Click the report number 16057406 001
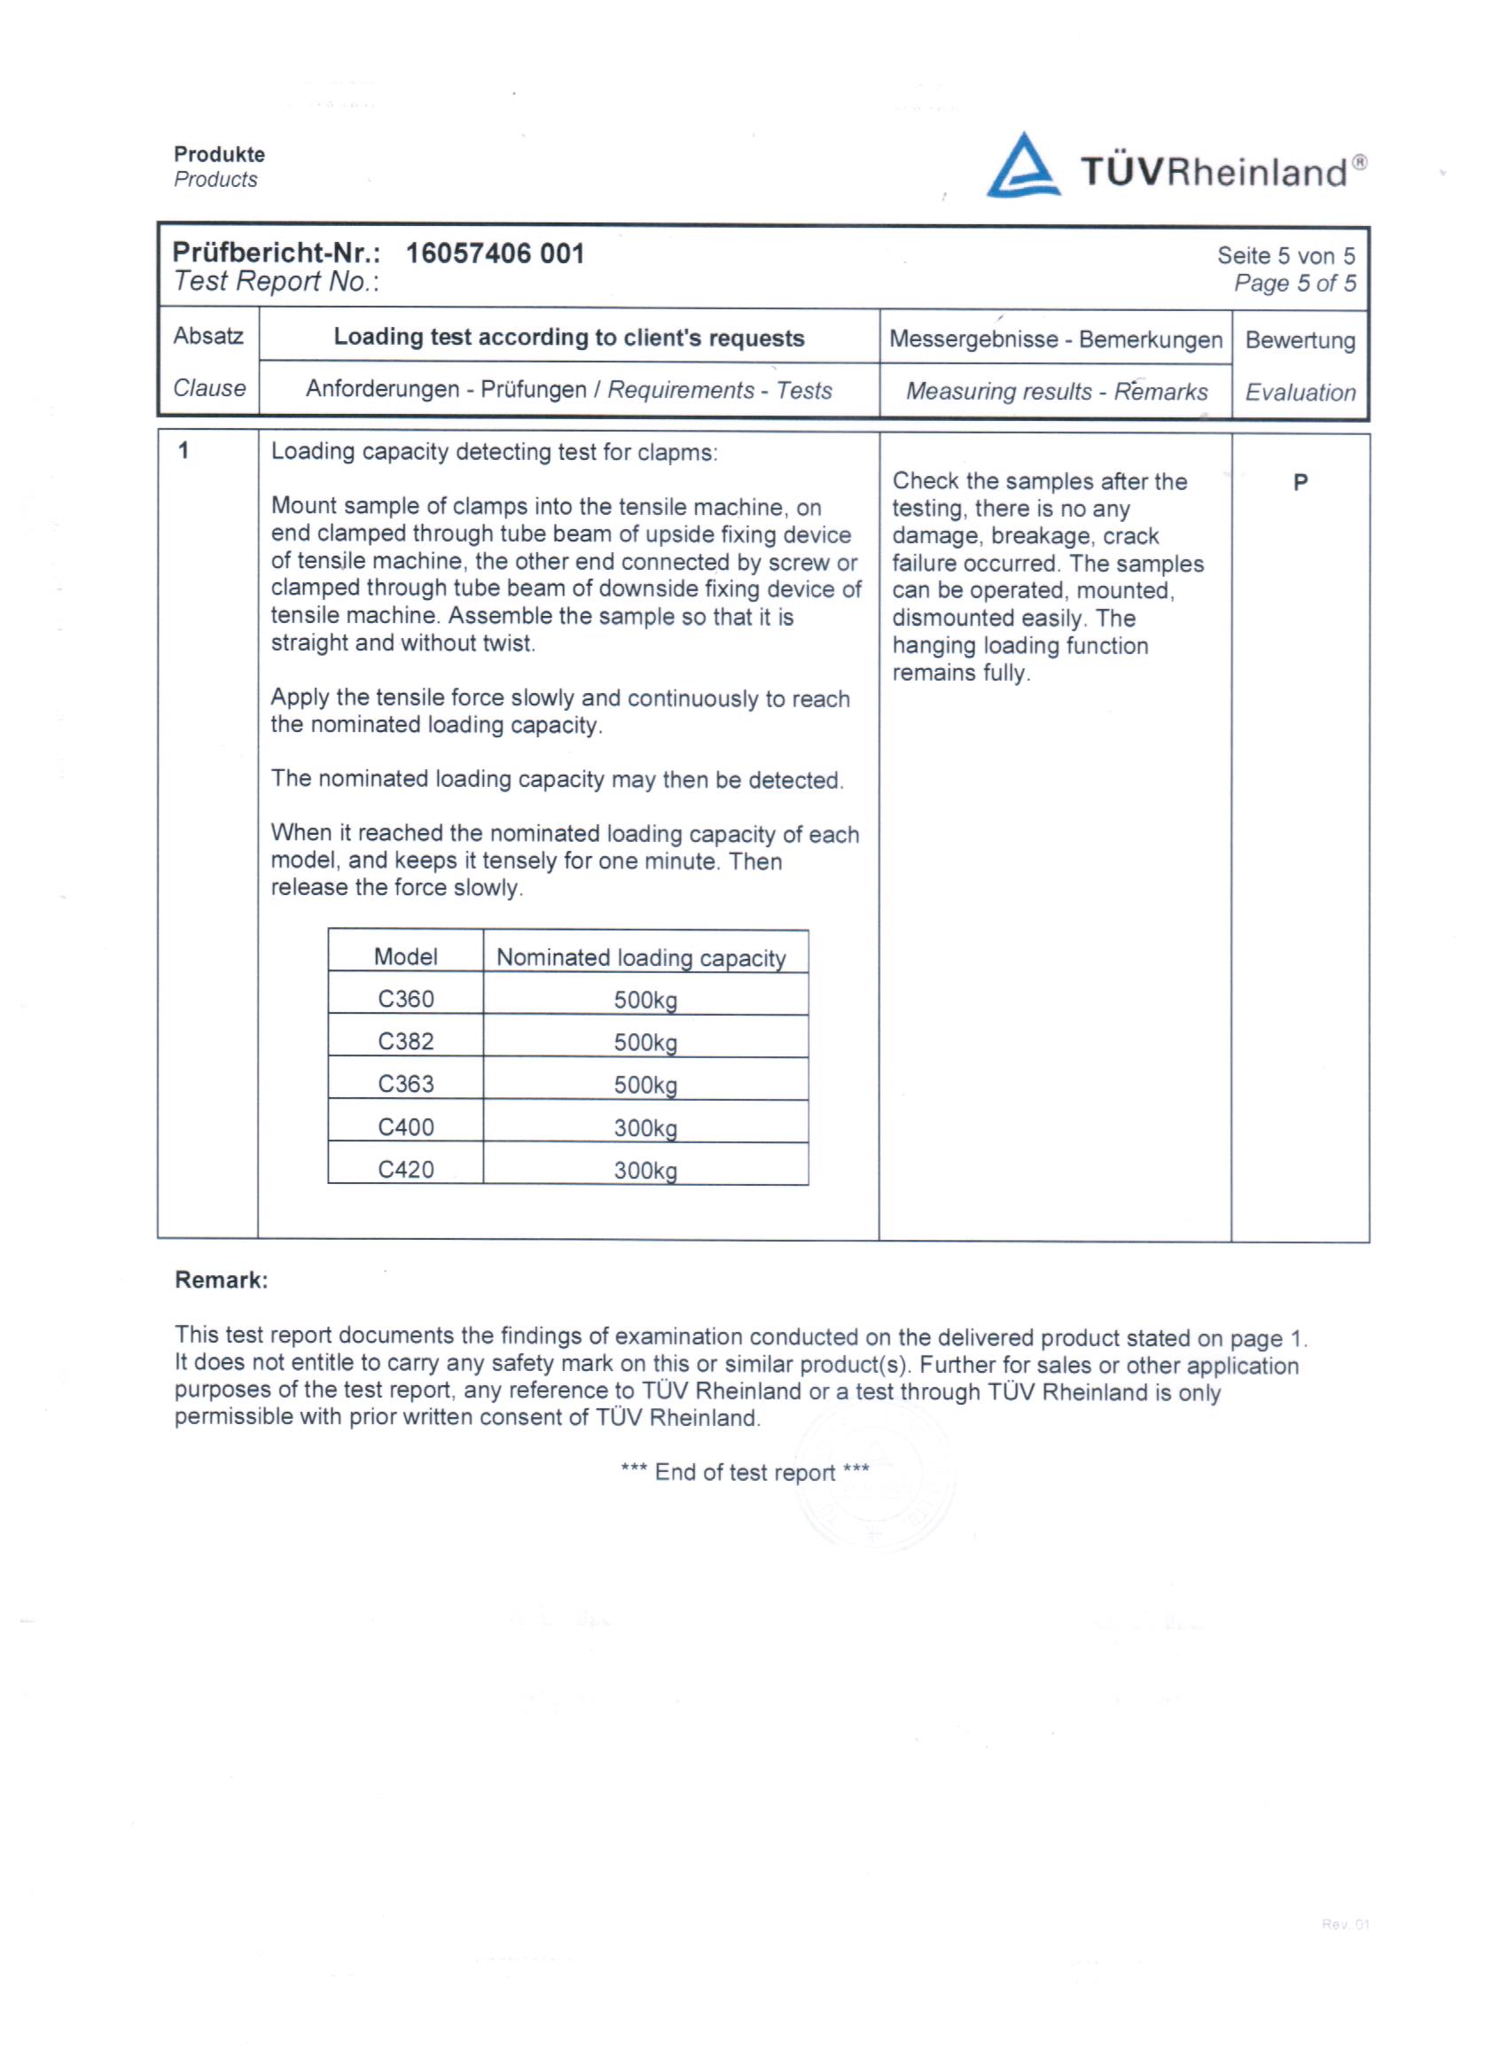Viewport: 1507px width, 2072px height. (x=495, y=253)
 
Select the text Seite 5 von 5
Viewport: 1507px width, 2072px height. (x=1284, y=256)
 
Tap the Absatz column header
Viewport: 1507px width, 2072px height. (x=208, y=336)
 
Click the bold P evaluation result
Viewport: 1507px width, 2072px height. (x=1300, y=482)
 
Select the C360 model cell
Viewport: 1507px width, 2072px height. (x=406, y=999)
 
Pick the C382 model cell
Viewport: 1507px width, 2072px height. (x=406, y=1041)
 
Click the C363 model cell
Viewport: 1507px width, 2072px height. (x=406, y=1084)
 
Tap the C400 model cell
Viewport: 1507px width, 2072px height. (x=406, y=1126)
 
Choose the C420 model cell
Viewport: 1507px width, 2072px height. (x=406, y=1170)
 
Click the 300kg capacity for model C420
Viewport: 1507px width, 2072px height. (x=645, y=1171)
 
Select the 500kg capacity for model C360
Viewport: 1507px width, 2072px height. (x=645, y=1000)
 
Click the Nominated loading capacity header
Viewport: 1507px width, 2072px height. (x=641, y=957)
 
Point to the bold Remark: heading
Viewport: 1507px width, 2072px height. (x=221, y=1280)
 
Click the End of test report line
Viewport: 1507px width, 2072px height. (x=745, y=1472)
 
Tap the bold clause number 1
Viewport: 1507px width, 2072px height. (x=183, y=450)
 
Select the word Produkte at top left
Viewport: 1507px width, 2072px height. (x=219, y=154)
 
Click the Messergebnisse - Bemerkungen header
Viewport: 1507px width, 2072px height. (x=1056, y=339)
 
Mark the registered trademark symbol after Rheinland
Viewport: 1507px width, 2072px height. (x=1360, y=162)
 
